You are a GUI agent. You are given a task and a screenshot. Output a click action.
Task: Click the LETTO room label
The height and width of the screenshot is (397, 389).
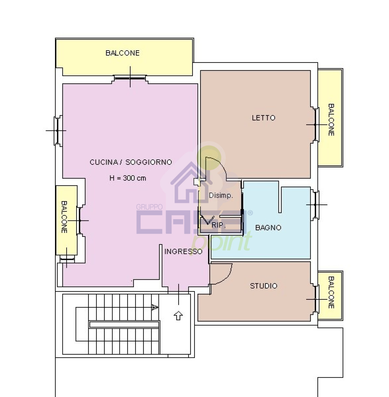[263, 118]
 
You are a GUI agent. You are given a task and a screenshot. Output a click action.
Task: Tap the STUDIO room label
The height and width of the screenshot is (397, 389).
[263, 286]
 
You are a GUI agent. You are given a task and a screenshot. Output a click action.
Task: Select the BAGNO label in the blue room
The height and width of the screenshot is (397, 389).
[268, 228]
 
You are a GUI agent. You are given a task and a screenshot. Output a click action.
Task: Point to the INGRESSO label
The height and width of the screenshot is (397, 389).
[183, 251]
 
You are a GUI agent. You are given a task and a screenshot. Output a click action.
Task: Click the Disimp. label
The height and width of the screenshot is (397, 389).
[221, 195]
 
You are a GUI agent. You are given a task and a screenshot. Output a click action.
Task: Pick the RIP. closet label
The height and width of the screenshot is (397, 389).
[219, 225]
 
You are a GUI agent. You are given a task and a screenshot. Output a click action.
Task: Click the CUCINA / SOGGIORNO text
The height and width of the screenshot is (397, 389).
[131, 162]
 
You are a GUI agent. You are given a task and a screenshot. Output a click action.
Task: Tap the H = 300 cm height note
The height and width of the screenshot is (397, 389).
[128, 178]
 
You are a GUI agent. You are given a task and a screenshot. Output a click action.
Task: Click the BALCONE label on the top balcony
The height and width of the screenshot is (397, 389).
[122, 53]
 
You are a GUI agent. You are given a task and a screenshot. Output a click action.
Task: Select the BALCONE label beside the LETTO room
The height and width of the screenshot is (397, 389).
[331, 120]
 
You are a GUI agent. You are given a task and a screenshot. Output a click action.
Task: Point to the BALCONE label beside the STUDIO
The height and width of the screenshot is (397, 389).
[331, 292]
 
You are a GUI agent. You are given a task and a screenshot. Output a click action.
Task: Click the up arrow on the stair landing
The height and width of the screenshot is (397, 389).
[178, 315]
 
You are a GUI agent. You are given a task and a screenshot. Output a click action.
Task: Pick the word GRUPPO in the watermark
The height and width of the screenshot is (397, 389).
[149, 207]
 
